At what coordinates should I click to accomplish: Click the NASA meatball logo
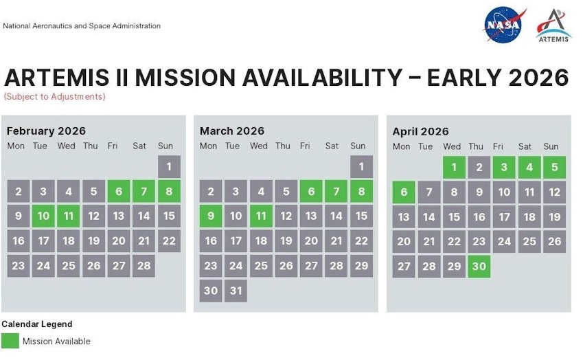(504, 25)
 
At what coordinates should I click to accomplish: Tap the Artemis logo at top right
(553, 25)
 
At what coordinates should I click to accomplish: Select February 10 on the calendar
(43, 216)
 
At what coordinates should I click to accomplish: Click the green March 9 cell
(211, 216)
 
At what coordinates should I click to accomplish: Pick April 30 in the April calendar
(479, 266)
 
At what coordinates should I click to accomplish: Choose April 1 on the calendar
(454, 167)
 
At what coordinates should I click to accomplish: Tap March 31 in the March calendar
(236, 290)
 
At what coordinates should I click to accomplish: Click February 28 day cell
(144, 266)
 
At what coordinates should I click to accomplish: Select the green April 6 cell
(404, 192)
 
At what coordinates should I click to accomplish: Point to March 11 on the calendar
(261, 216)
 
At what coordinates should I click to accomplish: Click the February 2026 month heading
(47, 131)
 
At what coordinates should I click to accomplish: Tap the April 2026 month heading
(420, 131)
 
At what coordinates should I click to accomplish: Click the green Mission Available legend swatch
(10, 341)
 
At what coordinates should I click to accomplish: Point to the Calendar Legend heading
(36, 324)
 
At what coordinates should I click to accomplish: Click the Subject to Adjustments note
(55, 97)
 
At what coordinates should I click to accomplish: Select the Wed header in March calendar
(259, 146)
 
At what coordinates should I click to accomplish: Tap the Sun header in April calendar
(551, 146)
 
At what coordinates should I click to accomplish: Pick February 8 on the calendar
(169, 191)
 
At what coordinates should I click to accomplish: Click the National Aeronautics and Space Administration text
(82, 26)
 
